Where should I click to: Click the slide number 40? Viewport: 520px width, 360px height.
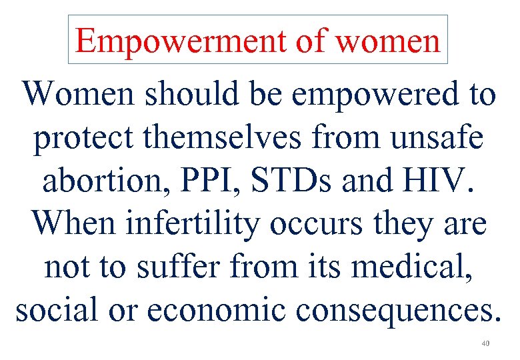point(485,344)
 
